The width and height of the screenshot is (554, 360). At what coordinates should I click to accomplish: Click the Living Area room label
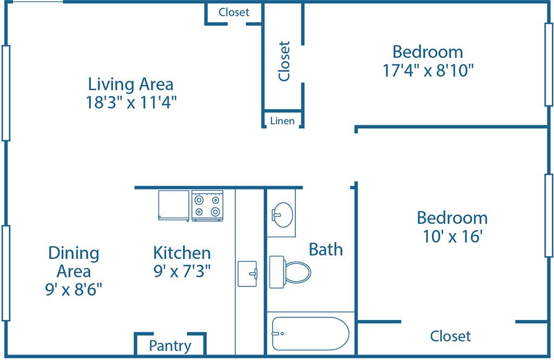point(131,84)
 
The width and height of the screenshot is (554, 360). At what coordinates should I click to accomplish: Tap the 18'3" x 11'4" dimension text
point(131,102)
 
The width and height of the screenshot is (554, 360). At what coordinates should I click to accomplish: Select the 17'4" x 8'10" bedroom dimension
point(428,70)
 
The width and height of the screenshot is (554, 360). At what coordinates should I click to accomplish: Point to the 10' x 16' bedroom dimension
point(452,236)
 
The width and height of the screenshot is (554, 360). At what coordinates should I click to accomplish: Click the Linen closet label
point(282,121)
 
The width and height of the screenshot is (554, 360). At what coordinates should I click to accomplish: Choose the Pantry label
point(170,346)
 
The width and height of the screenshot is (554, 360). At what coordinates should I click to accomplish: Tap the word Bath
point(326,249)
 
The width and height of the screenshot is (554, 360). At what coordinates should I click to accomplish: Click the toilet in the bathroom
point(291,271)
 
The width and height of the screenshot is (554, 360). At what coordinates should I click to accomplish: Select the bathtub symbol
point(310,334)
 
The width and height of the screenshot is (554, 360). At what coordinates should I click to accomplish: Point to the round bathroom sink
point(282,214)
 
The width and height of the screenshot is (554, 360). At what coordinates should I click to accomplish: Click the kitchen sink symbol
point(248,274)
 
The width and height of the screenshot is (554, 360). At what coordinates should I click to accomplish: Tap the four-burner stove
point(208,205)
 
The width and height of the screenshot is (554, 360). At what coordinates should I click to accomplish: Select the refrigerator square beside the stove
point(174,205)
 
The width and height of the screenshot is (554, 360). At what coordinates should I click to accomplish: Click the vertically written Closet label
point(284,61)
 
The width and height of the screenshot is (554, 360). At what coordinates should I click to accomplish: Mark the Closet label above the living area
point(234,12)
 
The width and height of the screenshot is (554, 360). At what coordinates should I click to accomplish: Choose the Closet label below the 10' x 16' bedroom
point(450,336)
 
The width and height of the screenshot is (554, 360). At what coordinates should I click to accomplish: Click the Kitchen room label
point(182,252)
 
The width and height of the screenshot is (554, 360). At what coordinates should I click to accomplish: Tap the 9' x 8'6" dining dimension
point(74,289)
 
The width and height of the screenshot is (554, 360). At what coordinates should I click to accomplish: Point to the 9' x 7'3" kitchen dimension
point(182,270)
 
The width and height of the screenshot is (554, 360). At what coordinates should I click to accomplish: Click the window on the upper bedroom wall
point(548,65)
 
